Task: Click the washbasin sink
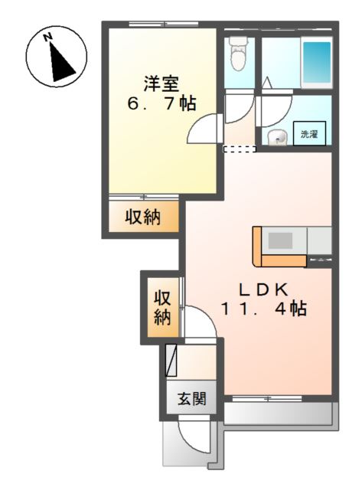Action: (277, 137)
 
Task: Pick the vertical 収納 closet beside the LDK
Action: (161, 307)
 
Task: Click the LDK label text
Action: (264, 289)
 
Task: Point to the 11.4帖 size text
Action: (264, 309)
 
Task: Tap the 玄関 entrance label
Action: (191, 399)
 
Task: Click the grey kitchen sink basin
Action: (280, 240)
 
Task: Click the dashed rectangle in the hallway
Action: (240, 149)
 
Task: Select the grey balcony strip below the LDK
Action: (279, 413)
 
